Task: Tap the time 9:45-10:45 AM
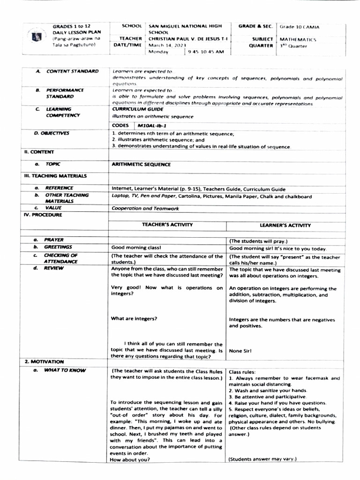pos(206,52)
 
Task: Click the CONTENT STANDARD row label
pos(72,71)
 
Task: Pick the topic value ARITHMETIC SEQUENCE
pos(141,165)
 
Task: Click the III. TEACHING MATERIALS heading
pos(55,176)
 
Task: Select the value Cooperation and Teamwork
pos(145,208)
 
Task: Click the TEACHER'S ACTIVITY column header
pos(167,225)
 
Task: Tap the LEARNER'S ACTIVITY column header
pos(285,225)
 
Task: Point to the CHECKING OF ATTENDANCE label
pos(61,258)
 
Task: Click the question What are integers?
pos(134,319)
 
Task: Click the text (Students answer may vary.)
pos(263,459)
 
